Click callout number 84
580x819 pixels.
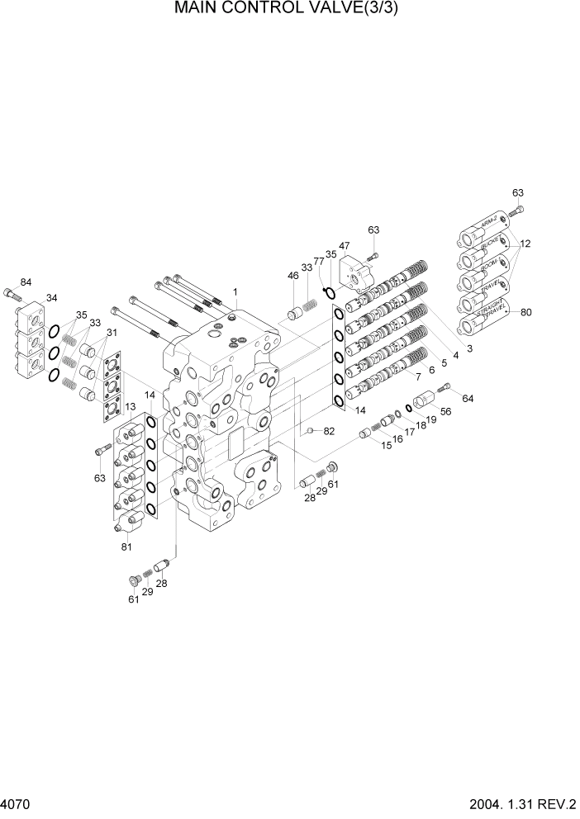pos(26,282)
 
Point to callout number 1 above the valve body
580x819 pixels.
pos(235,292)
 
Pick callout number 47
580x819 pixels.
pos(344,246)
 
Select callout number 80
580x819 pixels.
pos(526,312)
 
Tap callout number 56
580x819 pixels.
pos(446,411)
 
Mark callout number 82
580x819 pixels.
pos(329,432)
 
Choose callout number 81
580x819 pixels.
pos(126,546)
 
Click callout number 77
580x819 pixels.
pos(318,261)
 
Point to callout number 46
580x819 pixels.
pos(292,276)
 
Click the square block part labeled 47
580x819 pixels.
pos(361,276)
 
